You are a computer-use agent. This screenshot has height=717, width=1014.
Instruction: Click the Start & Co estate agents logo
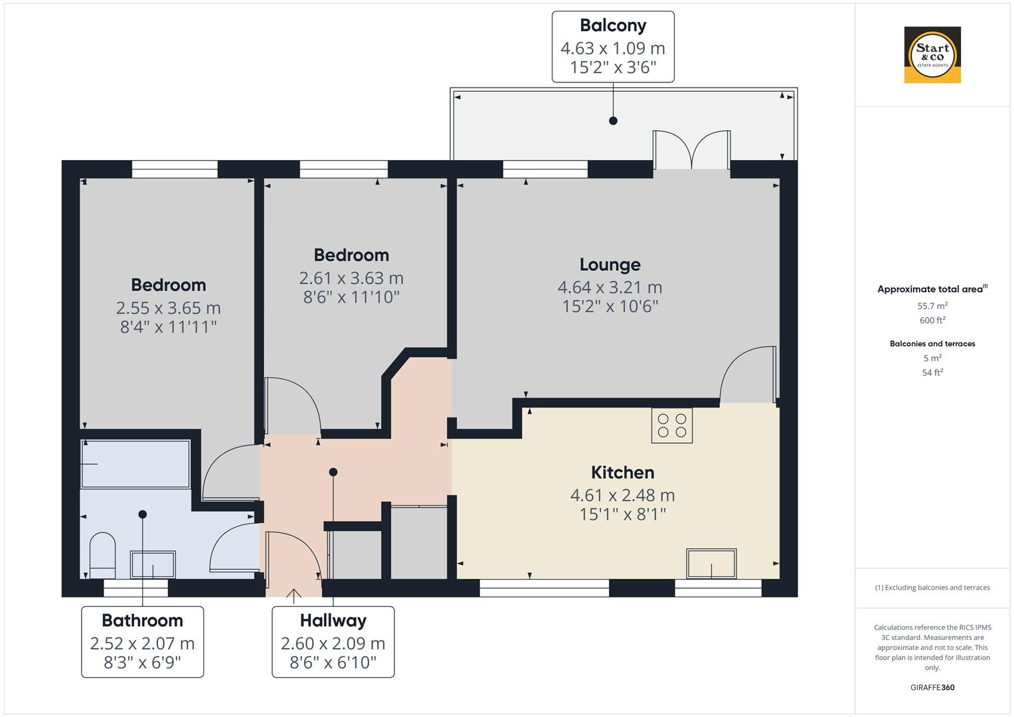point(932,54)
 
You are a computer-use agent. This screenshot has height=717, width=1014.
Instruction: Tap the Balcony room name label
point(612,25)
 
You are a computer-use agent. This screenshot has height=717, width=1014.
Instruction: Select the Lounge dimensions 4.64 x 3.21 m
point(610,287)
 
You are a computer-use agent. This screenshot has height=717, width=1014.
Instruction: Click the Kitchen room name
point(622,473)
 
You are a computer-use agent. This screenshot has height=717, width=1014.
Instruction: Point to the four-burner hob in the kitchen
point(672,426)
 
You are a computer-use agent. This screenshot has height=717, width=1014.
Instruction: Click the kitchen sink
point(711,564)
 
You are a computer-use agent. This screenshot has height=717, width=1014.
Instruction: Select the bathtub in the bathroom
point(135,463)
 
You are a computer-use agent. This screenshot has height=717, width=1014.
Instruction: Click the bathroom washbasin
point(153,565)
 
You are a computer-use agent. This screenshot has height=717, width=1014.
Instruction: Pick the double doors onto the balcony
point(692,151)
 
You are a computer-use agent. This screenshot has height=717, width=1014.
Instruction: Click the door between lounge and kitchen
point(749,376)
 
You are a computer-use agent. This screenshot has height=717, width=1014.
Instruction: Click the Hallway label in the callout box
point(333,621)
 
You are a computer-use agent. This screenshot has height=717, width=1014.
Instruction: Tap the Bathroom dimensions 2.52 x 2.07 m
point(142,643)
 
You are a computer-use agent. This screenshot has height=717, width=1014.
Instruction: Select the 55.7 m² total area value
point(932,306)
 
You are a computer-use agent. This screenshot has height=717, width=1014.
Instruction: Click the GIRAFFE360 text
point(932,688)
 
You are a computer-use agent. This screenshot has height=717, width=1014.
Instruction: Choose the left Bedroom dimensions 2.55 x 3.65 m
point(168,308)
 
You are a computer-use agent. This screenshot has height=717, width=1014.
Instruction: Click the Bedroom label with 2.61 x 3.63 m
point(351,255)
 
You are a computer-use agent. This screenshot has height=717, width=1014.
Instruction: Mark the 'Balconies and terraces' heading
point(932,344)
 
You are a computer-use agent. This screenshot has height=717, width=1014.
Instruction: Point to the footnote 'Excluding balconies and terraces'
point(932,588)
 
